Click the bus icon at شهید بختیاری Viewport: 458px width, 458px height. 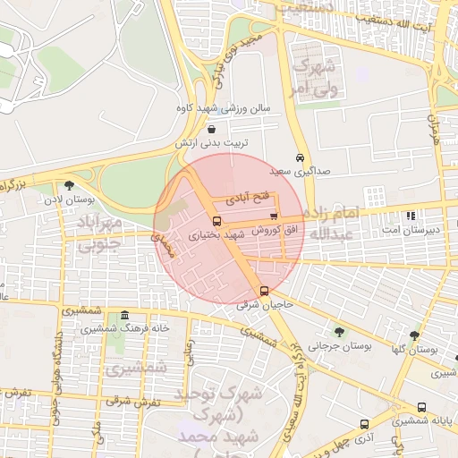(x=216, y=221)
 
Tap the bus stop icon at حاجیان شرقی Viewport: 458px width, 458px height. (x=264, y=291)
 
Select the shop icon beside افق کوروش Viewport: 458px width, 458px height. (x=273, y=216)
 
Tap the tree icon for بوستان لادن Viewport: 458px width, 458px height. (x=70, y=185)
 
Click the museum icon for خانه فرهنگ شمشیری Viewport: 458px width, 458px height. (x=123, y=316)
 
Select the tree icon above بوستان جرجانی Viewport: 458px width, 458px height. (x=338, y=331)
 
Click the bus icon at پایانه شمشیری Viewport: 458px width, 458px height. (x=421, y=406)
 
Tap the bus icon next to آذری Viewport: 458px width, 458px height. (x=364, y=424)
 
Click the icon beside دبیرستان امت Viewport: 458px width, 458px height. (x=411, y=216)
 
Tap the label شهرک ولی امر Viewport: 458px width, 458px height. (x=313, y=78)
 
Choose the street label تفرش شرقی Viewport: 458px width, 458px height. (x=131, y=402)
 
